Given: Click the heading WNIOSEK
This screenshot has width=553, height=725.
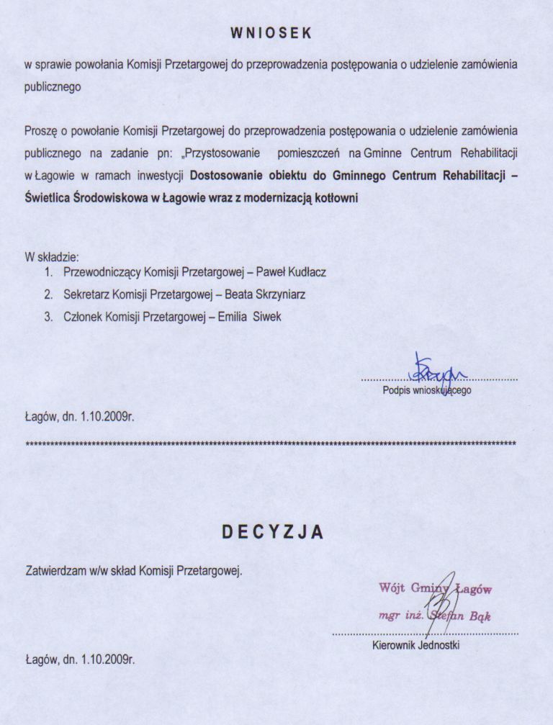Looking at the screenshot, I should (x=271, y=32).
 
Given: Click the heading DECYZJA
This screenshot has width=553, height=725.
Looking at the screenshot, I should (x=271, y=532).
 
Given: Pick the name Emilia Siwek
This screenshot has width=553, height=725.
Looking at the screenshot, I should (x=250, y=316).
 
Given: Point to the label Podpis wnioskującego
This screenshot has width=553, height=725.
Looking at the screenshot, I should (x=427, y=390).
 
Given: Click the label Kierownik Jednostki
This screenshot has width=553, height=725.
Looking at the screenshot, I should (x=416, y=644).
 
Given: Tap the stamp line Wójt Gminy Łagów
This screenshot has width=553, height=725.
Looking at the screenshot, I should (x=435, y=588).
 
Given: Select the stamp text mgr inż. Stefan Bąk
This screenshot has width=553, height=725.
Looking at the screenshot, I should (x=435, y=616).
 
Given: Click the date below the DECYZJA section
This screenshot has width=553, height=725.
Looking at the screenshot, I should (x=80, y=658).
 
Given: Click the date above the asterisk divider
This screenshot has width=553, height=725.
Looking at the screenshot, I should (x=80, y=415).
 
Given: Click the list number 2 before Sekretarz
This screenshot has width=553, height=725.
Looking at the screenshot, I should (x=48, y=294).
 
